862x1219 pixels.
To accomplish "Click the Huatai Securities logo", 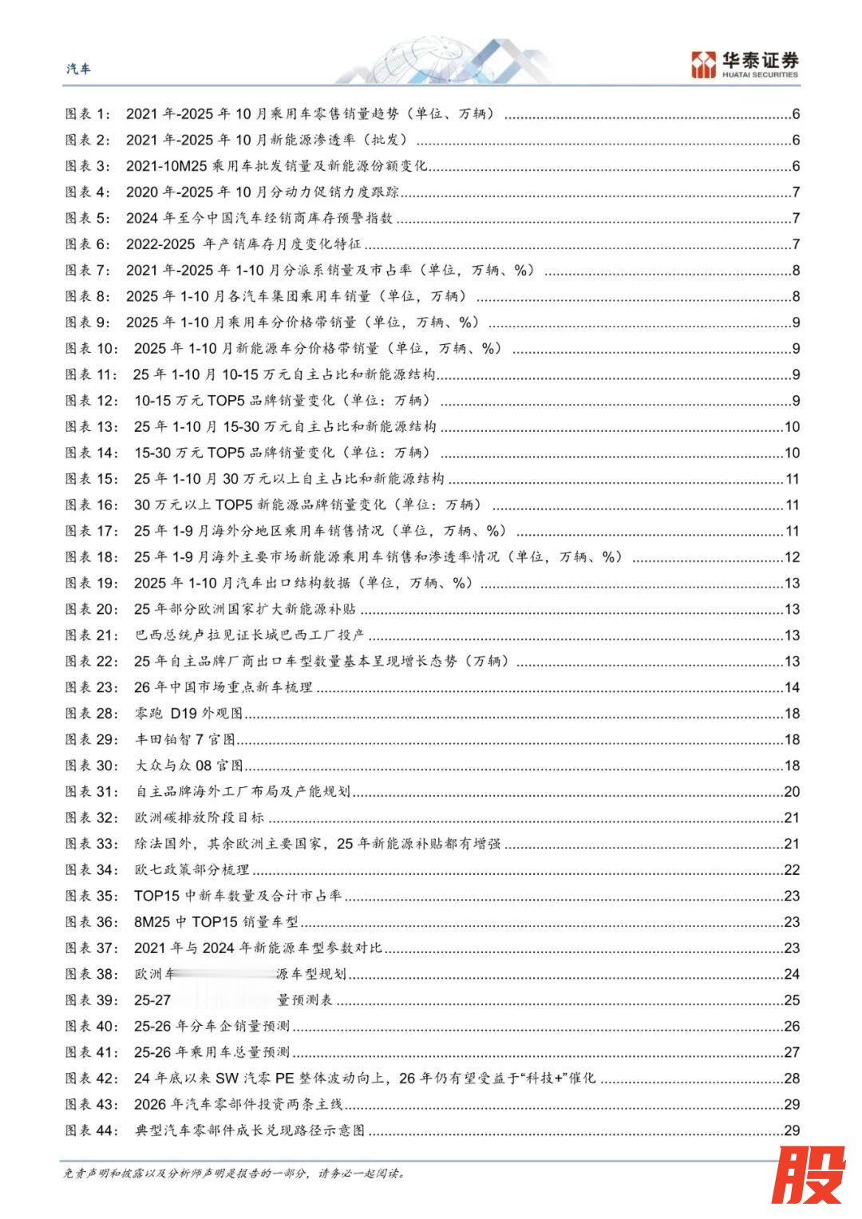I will point(744,64).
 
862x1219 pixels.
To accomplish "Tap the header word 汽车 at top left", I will point(78,69).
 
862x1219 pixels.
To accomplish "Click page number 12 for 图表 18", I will point(792,557).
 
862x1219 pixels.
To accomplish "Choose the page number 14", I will point(792,687).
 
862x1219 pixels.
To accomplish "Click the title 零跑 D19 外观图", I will point(188,714).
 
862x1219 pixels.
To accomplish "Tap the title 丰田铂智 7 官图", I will point(185,740).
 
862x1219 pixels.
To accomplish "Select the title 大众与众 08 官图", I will point(189,766).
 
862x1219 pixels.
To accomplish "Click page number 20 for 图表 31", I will point(792,792).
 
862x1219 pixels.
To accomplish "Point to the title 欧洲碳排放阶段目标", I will point(200,817).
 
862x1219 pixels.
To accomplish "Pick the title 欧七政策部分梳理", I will point(192,869).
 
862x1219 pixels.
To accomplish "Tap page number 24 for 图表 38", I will point(792,974).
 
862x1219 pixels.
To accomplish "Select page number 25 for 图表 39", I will point(792,1000).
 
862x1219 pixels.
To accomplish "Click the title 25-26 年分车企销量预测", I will point(212,1026).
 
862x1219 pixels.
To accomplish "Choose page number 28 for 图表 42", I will point(792,1078).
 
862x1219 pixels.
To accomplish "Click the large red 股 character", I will point(807,1174).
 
